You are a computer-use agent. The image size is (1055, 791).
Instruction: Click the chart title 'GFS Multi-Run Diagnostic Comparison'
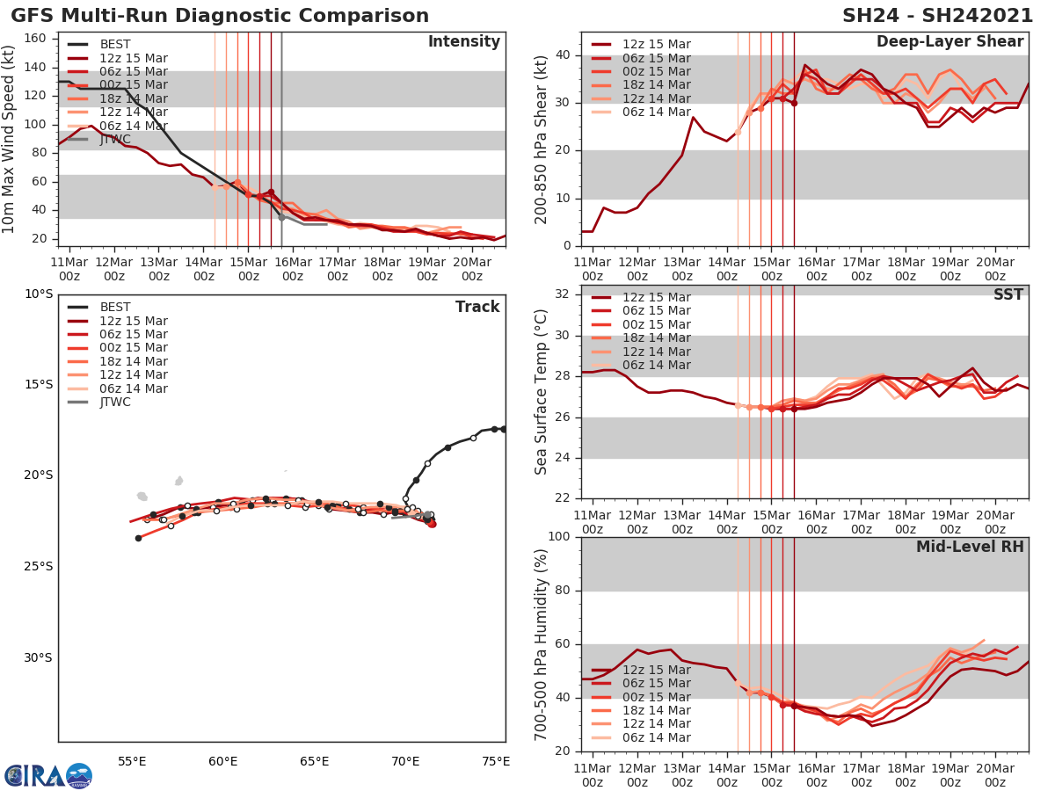220,16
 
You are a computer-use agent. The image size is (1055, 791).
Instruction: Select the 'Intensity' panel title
463,42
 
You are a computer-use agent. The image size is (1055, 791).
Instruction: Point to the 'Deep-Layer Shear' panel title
949,42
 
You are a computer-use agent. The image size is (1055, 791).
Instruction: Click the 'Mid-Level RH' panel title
970,548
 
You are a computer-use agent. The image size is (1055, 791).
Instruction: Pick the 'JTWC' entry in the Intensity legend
114,139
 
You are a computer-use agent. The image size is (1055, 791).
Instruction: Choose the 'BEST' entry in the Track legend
114,308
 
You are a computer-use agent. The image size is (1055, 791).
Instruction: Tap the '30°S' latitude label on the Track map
38,657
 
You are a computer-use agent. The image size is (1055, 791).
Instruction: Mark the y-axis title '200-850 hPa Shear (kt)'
542,139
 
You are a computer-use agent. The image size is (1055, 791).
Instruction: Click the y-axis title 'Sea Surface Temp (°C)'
542,391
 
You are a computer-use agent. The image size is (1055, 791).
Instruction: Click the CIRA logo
47,775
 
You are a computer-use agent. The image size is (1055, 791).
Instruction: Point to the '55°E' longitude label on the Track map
132,761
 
